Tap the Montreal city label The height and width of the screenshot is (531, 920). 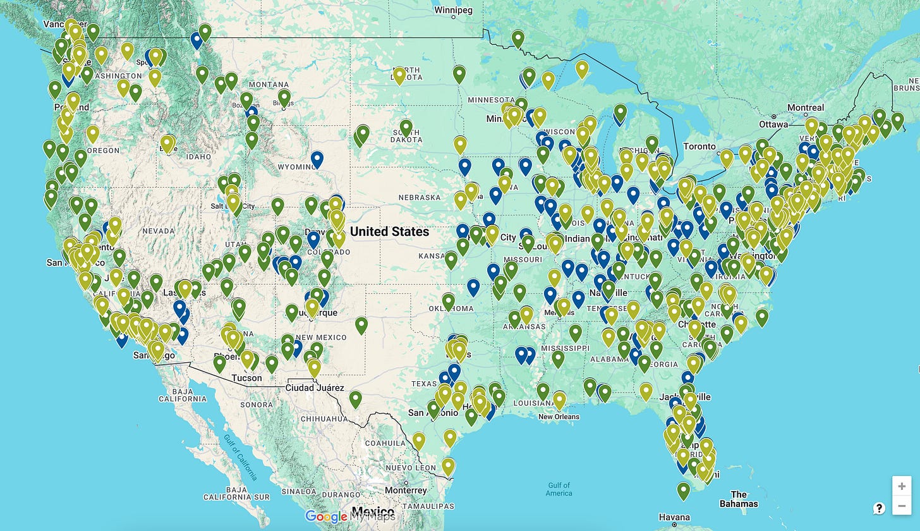805,107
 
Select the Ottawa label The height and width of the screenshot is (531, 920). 774,123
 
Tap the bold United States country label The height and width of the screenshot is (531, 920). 389,231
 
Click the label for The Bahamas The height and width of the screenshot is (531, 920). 738,499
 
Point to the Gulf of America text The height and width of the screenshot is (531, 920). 559,489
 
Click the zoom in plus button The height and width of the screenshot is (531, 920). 901,486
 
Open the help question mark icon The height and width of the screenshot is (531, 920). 878,508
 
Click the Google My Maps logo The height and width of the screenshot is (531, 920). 350,516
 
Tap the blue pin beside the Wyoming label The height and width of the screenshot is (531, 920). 317,159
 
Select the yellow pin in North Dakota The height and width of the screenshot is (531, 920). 399,75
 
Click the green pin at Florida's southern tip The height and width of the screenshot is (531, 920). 683,490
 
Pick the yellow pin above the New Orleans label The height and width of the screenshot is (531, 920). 559,400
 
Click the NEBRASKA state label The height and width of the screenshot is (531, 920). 419,197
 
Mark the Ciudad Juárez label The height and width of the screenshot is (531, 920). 315,388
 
